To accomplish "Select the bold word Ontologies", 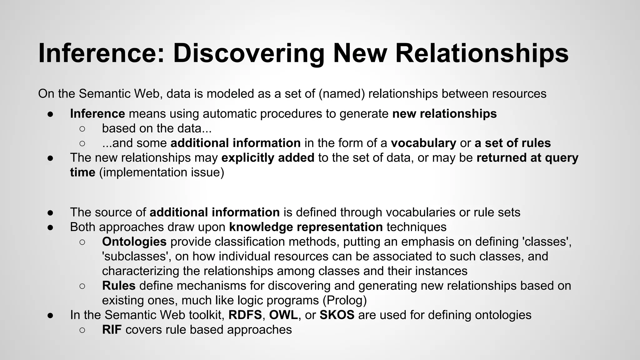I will tap(134, 242).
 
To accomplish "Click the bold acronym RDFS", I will tap(245, 315).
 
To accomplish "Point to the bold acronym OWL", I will tap(283, 315).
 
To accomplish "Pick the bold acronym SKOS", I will tap(337, 315).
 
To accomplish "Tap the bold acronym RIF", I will tap(112, 330).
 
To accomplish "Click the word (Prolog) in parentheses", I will tap(344, 300).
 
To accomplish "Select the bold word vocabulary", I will tap(423, 143).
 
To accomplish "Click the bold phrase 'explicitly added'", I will tap(268, 157).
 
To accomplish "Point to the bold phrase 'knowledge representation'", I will tap(306, 227).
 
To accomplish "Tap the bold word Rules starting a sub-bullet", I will tap(118, 286).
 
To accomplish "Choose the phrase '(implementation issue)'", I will tap(162, 172).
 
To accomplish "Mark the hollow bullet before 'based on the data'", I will tap(82, 128).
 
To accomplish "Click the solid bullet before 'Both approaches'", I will tap(51, 227).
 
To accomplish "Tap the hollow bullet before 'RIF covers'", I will tap(82, 330).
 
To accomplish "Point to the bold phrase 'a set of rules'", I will tap(512, 143).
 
